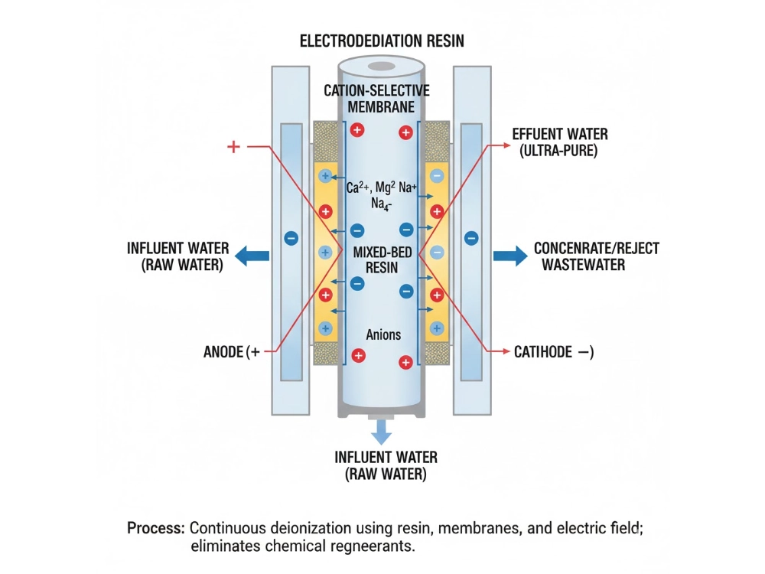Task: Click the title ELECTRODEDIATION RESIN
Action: (x=382, y=41)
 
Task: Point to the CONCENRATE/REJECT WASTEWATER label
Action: (x=596, y=256)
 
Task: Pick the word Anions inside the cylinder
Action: (x=382, y=334)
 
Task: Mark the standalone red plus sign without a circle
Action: (x=234, y=146)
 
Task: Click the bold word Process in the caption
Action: (x=156, y=528)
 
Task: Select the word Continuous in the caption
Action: (x=226, y=528)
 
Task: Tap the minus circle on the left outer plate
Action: (x=291, y=238)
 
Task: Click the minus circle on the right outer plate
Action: (x=471, y=238)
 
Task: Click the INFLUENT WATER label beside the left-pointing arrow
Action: (x=177, y=256)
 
